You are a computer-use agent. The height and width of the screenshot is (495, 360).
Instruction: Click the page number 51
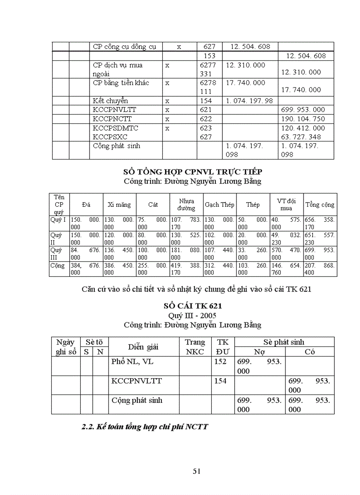coord(197,471)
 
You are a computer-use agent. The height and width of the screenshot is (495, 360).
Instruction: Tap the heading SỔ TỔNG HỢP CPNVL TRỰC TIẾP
coord(192,171)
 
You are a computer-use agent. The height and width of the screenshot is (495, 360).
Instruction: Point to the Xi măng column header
coord(119,205)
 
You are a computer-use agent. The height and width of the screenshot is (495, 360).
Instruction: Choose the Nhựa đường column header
coord(186,205)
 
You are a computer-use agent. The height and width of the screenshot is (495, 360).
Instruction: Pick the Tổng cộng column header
coord(320,205)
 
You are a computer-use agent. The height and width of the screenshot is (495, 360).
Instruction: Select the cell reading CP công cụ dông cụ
coord(125,46)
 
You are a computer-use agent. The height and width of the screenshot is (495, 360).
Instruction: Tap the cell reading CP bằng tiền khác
coord(121,83)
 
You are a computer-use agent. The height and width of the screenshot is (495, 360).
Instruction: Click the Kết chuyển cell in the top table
coord(110,101)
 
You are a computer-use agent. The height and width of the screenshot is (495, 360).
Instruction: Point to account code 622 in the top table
coord(206,119)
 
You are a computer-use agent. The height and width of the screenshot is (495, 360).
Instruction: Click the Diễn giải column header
coord(143,347)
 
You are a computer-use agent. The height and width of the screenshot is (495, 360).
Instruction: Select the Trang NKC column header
coord(195,347)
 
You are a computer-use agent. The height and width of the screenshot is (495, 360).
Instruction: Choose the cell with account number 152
coord(220,362)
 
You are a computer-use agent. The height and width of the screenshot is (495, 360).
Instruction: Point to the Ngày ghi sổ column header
coord(66,347)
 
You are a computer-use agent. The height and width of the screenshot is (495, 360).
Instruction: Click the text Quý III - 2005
coord(192,316)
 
